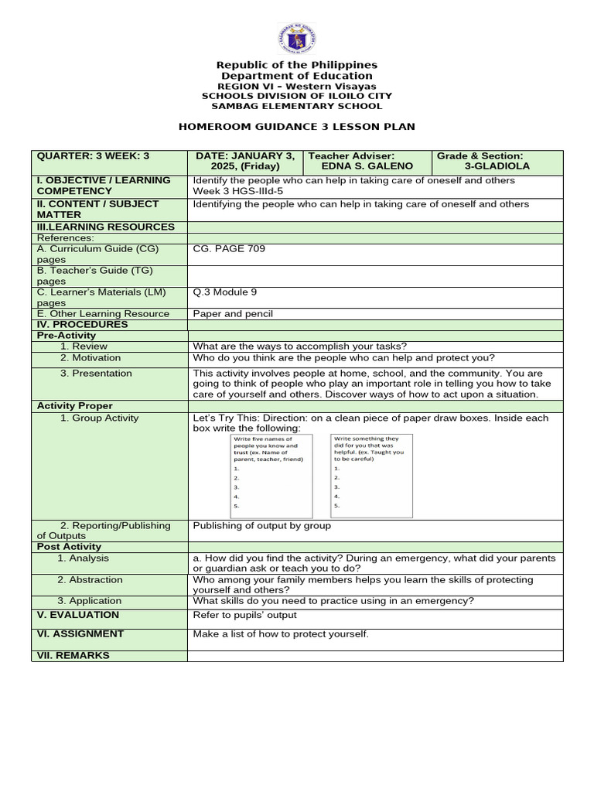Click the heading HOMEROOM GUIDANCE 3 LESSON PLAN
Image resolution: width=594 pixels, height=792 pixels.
click(x=297, y=126)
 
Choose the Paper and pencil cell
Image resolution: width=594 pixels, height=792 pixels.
click(x=233, y=314)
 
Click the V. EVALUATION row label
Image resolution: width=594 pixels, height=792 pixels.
click(x=78, y=615)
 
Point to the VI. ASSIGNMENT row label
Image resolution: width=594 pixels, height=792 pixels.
click(x=80, y=634)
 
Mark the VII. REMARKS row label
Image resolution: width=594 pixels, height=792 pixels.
click(x=73, y=656)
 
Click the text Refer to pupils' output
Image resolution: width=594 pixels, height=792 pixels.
click(x=244, y=616)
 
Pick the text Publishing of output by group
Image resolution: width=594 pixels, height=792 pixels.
click(x=261, y=526)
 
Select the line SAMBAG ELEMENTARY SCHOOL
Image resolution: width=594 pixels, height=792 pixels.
click(x=297, y=106)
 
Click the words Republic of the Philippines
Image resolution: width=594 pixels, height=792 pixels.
click(x=297, y=65)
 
